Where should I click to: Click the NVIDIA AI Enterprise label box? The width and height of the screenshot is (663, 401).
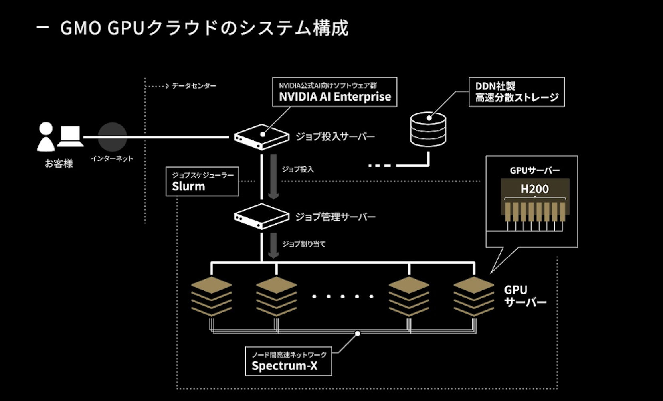coord(334,92)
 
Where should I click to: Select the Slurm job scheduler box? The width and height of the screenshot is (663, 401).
coord(202,182)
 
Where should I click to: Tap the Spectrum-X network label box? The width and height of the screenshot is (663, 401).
coord(288,361)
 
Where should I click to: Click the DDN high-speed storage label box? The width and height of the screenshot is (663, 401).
coord(516,92)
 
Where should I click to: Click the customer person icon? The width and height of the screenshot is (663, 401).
coord(46,137)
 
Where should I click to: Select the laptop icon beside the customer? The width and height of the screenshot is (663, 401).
coord(71,137)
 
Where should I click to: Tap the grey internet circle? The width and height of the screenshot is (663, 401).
coord(112,137)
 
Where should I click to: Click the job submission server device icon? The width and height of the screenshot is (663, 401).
coord(261,137)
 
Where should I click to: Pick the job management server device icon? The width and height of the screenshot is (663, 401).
coord(261,217)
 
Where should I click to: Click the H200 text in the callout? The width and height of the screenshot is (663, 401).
coord(534,189)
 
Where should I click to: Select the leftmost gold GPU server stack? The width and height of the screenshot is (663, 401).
coord(211,296)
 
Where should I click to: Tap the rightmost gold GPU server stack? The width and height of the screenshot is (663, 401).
coord(474,296)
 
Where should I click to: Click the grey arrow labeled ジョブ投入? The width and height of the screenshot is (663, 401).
coord(273,176)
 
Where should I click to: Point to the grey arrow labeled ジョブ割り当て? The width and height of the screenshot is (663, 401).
coord(273,245)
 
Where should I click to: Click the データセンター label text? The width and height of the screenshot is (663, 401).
coord(194,86)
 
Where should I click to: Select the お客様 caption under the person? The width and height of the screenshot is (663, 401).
coord(59,164)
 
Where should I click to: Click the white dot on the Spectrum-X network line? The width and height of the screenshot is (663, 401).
coord(358,334)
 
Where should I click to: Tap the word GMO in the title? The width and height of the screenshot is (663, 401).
coord(80,28)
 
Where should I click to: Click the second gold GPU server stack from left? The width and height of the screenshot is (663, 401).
coord(276,296)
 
